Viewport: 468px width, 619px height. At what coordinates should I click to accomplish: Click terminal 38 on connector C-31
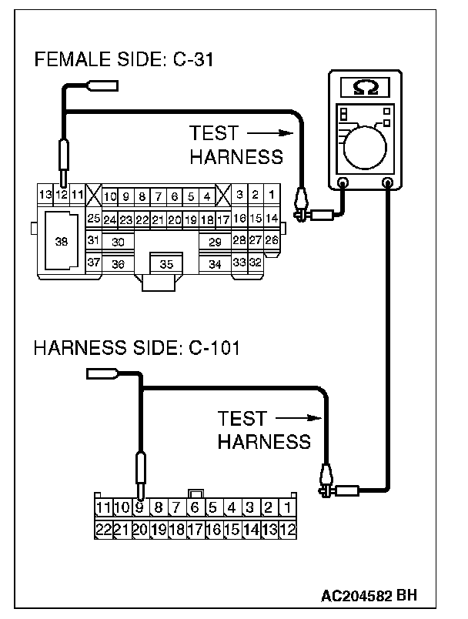click(x=62, y=241)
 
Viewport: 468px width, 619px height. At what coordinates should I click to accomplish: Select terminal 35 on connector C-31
click(x=166, y=264)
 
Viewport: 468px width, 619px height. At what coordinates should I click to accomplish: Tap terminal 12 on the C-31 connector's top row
click(x=61, y=195)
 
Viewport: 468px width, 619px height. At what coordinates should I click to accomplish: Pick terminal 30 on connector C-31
click(x=118, y=242)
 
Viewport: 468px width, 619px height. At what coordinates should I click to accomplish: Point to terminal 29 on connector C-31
click(x=215, y=242)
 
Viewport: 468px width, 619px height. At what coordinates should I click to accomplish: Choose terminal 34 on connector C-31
click(x=215, y=264)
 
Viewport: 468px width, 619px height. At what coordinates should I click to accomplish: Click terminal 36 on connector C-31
click(x=118, y=264)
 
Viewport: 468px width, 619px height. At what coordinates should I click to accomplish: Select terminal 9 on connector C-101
click(x=139, y=507)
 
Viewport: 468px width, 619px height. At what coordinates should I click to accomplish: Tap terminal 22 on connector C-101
click(x=102, y=529)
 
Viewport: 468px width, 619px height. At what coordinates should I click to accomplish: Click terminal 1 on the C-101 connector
click(x=286, y=507)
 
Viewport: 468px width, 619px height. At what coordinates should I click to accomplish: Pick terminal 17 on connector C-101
click(x=195, y=529)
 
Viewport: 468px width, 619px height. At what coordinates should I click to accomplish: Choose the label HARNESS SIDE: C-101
click(x=137, y=349)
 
